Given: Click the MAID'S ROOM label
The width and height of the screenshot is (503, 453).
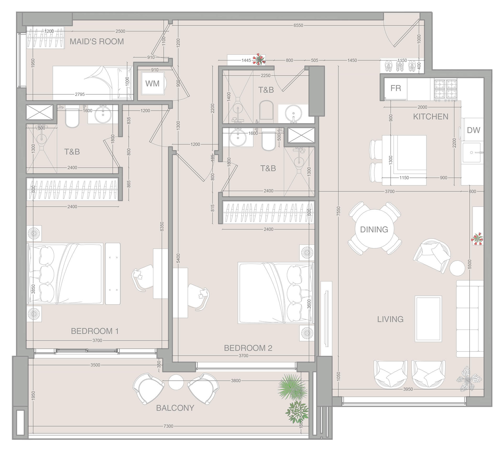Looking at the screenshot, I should [97, 41].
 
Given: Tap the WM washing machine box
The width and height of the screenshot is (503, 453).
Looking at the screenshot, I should [152, 84].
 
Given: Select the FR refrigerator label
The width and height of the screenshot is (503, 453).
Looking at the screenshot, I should [396, 88].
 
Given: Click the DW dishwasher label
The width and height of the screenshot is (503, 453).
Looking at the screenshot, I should [473, 130].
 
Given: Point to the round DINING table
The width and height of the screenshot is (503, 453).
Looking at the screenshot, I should [374, 229].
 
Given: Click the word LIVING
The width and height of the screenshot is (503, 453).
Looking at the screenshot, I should [390, 319].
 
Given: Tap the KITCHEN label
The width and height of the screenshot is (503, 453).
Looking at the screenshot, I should [430, 117].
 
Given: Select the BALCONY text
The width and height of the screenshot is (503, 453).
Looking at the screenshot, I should [175, 408].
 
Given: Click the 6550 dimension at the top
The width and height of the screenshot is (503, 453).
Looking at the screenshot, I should [298, 25].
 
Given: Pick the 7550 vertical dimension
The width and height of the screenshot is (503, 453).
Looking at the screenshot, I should [338, 211].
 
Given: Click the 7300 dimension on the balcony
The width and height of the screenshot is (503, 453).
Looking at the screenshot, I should [168, 426].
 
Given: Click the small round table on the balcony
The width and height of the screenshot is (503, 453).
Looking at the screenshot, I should [176, 382].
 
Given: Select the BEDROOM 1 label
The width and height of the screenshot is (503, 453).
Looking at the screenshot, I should [95, 331].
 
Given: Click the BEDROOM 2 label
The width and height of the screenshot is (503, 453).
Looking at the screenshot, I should [248, 348].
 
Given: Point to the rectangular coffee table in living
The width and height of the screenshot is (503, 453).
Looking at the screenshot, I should [428, 319].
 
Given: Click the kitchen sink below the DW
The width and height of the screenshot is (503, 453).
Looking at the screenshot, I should [471, 153].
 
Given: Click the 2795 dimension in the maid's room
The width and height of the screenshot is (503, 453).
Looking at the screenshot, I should [80, 94].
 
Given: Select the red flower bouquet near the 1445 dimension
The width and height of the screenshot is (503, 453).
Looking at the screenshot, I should [259, 59].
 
